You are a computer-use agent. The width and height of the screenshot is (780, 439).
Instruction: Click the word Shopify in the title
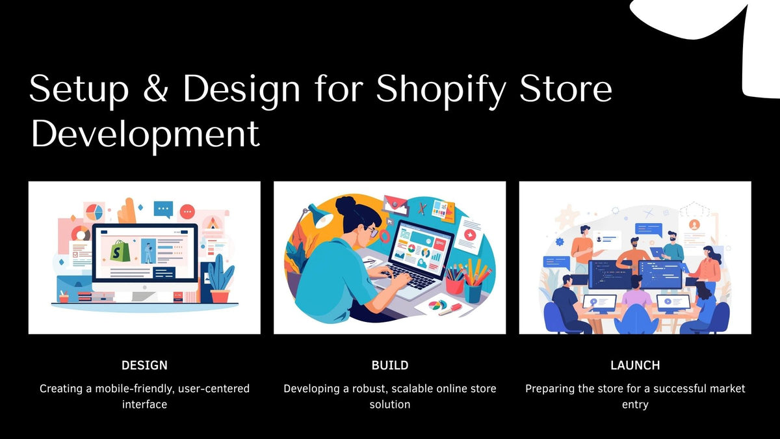(x=441, y=89)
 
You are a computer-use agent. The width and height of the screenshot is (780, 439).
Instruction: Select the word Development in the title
(x=145, y=135)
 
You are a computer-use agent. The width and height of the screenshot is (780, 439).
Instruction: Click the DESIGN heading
(x=144, y=365)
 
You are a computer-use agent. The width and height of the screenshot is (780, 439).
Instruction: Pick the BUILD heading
(x=389, y=365)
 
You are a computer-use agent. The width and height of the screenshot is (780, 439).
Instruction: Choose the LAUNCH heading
(x=635, y=365)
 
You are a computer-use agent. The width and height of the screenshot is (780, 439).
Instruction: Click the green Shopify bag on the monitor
(x=120, y=250)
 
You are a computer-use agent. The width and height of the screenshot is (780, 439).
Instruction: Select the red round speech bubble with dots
(x=187, y=211)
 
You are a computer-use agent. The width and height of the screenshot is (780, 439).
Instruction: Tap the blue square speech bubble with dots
(x=163, y=209)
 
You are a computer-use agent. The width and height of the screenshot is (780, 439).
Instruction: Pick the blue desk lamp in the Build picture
(x=317, y=215)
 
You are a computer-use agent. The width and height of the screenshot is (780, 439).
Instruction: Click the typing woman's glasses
(x=372, y=231)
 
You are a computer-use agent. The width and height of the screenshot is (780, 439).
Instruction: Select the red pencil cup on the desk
(x=454, y=284)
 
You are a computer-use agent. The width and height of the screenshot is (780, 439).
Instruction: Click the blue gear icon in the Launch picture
(x=560, y=242)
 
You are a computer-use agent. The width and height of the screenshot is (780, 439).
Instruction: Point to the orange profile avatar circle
(x=694, y=225)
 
